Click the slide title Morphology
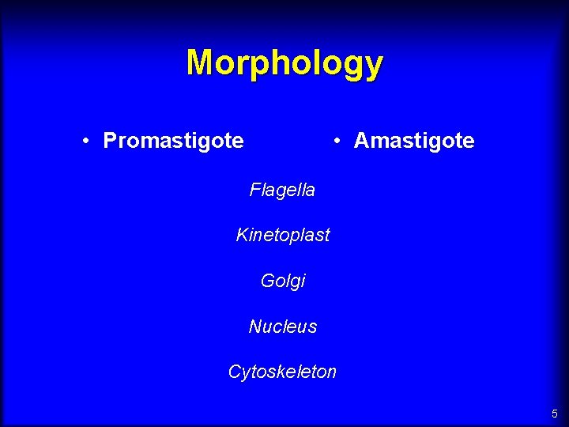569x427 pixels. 284,63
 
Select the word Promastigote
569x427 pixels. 173,142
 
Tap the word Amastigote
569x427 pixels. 414,142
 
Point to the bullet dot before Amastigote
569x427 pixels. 337,142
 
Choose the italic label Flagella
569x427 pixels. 282,190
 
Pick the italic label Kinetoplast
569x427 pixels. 282,235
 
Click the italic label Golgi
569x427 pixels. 282,281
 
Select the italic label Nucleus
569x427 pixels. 282,327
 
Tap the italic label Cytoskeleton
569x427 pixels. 282,372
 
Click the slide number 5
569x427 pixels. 555,414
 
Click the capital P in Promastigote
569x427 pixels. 110,141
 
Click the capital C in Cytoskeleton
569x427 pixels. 235,372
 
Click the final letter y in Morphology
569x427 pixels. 374,66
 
